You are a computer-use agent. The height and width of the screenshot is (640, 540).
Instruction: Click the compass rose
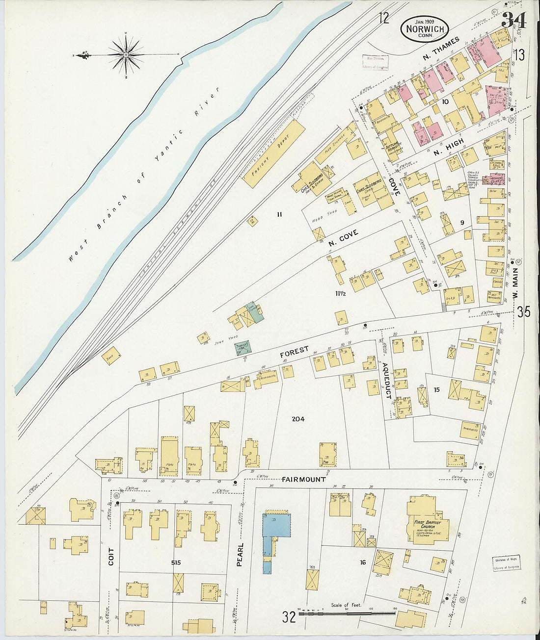pos(126,54)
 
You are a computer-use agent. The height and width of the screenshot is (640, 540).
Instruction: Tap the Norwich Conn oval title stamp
pos(425,28)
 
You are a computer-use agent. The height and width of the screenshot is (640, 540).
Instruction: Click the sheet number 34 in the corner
pos(513,21)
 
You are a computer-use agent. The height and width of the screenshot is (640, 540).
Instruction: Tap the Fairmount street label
pos(304,479)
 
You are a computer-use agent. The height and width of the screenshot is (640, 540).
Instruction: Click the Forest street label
pos(295,351)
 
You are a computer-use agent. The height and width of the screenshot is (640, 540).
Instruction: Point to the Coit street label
pos(111,556)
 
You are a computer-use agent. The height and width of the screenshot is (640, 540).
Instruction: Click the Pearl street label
pos(240,554)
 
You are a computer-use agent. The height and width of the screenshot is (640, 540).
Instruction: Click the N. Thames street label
pos(440,50)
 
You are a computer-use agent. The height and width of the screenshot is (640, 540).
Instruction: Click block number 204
pos(298,419)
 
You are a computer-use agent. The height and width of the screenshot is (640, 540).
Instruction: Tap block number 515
pos(177,563)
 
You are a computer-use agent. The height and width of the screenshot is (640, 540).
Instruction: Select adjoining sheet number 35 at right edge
pos(523,311)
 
